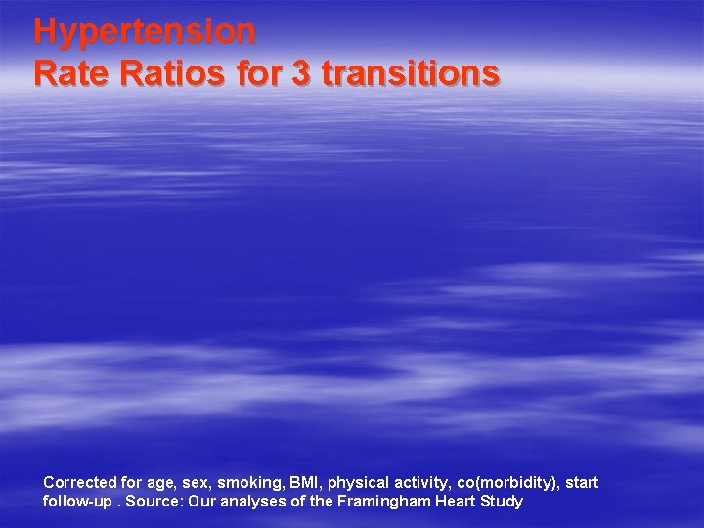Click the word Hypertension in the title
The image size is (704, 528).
pos(145,31)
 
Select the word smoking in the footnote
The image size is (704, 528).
pos(250,483)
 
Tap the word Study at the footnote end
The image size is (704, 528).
pos(503,502)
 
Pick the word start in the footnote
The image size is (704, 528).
pos(582,482)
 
